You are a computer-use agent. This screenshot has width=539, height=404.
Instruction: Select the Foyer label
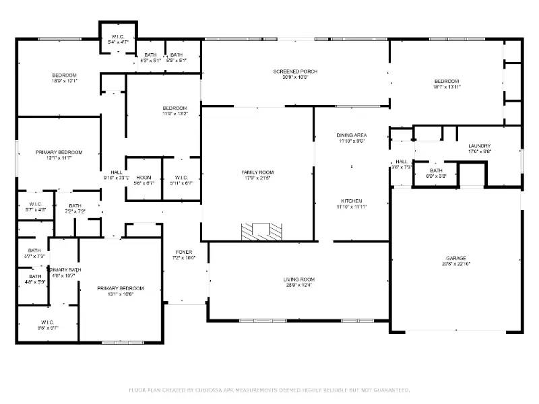tap(184, 255)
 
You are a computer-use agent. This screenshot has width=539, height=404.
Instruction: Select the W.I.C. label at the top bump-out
tap(119, 38)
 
